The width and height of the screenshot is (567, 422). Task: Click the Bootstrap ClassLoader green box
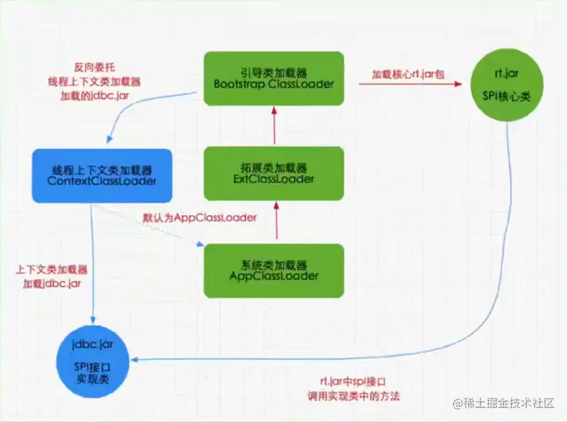(x=274, y=78)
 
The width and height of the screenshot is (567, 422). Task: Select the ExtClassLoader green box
(x=274, y=173)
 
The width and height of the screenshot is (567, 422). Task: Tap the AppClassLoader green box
(x=274, y=270)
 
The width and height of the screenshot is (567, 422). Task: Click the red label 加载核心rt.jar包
(x=408, y=74)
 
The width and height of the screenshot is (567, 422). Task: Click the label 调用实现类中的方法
(x=360, y=396)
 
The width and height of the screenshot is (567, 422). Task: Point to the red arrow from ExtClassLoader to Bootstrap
(x=275, y=125)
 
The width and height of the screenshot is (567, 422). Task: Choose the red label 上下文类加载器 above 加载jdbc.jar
(x=52, y=269)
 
